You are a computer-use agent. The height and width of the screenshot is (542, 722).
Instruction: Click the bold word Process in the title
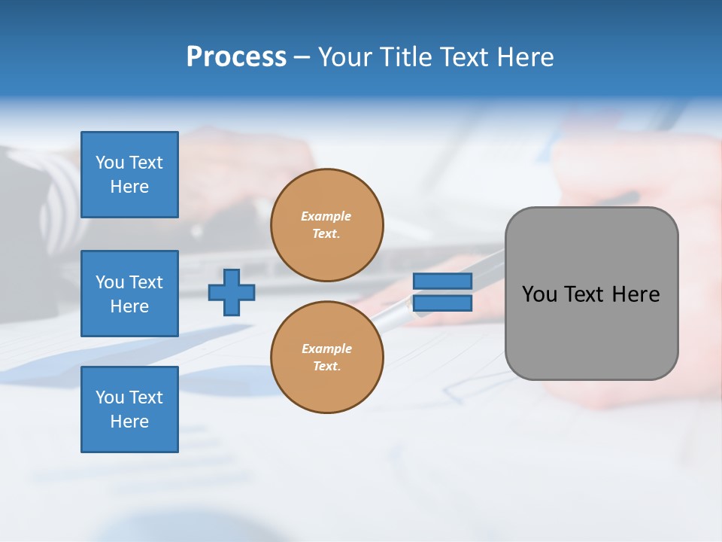pos(236,57)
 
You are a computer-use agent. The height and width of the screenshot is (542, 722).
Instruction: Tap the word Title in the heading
pos(406,57)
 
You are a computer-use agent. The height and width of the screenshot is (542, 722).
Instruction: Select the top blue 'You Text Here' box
pos(129,175)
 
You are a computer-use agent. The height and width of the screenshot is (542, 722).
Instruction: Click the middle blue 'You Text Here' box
pos(129,294)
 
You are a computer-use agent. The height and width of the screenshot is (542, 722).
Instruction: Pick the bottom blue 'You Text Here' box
pos(129,410)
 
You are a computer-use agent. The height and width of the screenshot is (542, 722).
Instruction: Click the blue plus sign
pos(232,292)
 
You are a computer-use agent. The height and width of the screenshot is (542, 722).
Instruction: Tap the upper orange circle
pos(326,225)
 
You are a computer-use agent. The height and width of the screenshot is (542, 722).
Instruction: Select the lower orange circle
pos(326,358)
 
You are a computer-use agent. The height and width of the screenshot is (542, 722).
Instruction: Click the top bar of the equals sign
pos(442,281)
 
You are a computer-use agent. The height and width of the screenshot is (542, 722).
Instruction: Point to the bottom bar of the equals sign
pos(442,303)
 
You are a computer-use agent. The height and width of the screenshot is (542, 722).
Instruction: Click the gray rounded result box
pos(591,331)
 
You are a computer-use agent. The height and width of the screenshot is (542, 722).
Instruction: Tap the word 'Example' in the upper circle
pos(326,216)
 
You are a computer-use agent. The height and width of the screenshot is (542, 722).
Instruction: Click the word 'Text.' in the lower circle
pos(326,367)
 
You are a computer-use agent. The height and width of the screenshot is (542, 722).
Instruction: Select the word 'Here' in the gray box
pos(636,294)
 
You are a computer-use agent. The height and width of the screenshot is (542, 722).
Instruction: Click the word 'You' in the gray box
pos(539,294)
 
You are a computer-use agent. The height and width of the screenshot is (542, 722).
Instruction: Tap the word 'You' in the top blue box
pos(110,163)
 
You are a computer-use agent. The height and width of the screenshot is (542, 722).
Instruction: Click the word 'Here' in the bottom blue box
pos(129,422)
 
